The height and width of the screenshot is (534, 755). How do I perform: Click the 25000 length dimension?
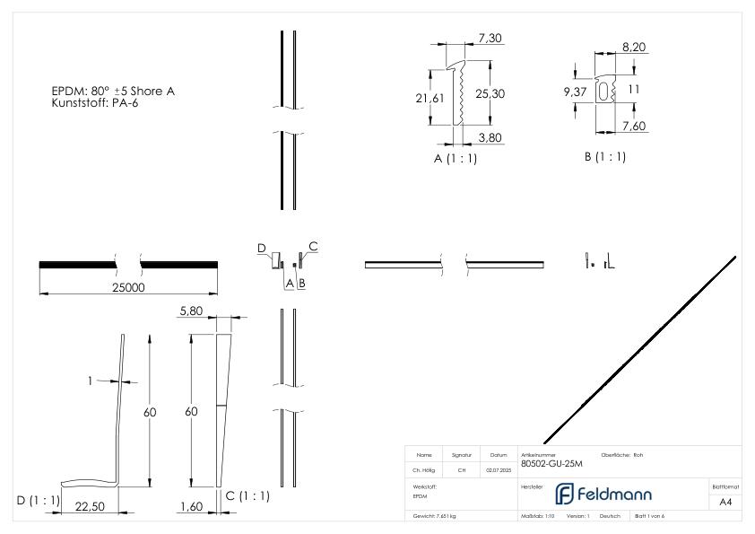tap(127, 288)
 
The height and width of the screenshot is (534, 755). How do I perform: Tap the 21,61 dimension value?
tap(430, 98)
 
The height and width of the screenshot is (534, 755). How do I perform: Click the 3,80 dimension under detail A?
tap(490, 137)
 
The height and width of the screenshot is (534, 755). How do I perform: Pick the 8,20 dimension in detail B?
tap(635, 47)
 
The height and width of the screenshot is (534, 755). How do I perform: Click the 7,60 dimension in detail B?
tap(634, 127)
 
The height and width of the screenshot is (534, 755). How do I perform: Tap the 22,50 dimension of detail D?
tap(91, 506)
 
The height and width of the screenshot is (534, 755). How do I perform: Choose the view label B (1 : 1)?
tap(604, 157)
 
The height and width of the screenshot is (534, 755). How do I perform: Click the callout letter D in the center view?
tap(262, 247)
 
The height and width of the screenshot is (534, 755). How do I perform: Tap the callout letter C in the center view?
tap(313, 245)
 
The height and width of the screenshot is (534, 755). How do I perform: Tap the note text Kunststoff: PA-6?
tap(95, 103)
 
